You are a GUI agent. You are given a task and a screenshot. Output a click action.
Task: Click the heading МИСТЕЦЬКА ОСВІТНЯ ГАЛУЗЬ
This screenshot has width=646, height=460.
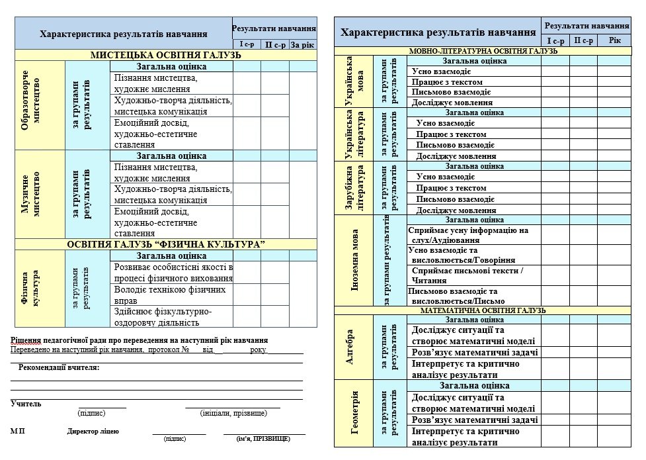(166, 55)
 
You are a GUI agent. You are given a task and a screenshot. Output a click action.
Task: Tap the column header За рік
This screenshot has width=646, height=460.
(303, 44)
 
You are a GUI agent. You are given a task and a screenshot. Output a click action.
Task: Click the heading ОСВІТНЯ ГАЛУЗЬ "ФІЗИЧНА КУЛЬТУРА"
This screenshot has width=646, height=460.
(166, 244)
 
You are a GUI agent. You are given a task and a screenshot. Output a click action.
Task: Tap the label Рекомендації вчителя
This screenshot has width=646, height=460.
(59, 367)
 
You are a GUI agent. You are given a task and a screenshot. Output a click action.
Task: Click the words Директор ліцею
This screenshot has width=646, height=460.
(93, 431)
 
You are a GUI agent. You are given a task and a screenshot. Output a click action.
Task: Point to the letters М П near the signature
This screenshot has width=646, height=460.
(18, 431)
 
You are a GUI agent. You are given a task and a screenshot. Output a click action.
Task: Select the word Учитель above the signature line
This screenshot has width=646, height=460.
(26, 403)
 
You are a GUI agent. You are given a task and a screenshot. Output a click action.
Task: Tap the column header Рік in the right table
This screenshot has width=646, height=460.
(615, 40)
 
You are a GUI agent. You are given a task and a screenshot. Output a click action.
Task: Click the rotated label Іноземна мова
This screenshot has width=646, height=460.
(355, 261)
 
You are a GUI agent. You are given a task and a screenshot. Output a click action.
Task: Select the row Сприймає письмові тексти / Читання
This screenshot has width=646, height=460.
(467, 275)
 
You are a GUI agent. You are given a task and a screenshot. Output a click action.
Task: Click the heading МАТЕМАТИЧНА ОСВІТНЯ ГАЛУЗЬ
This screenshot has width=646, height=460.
(483, 310)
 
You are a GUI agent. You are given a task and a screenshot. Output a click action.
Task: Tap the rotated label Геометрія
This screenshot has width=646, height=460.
(355, 412)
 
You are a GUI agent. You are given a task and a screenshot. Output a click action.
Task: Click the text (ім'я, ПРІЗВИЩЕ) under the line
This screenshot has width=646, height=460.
(262, 438)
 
